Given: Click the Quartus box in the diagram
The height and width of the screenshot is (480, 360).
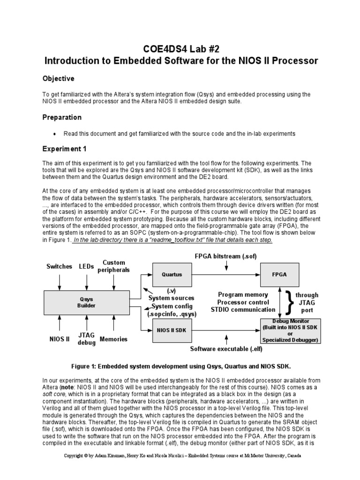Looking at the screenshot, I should (x=172, y=275).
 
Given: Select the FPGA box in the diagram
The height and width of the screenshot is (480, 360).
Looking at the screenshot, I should (x=279, y=275).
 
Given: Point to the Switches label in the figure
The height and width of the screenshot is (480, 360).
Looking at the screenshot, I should (x=59, y=266).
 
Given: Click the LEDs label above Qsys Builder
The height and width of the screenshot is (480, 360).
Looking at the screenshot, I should (x=87, y=266).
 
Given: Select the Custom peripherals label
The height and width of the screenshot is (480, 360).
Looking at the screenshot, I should (x=114, y=266).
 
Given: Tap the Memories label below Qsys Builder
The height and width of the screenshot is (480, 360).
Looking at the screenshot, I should (x=113, y=339).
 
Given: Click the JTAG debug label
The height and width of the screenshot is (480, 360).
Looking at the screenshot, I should (x=87, y=339).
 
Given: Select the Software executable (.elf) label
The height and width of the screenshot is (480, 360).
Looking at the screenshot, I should (x=226, y=349).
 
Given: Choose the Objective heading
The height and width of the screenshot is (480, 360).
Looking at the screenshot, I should (x=59, y=78).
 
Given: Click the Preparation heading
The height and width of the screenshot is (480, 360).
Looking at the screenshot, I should (x=62, y=117).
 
